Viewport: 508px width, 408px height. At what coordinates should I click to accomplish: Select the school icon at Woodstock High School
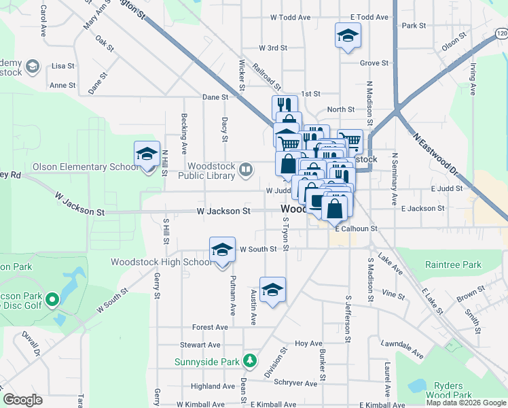click(x=222, y=251)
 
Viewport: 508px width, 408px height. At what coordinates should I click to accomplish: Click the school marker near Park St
click(x=348, y=36)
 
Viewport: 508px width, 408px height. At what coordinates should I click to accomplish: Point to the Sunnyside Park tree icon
click(x=251, y=359)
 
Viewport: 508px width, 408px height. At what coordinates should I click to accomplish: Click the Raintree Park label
click(x=452, y=265)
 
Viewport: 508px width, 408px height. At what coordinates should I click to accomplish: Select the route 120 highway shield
click(x=501, y=33)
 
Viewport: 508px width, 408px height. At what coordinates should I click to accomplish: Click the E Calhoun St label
click(x=356, y=229)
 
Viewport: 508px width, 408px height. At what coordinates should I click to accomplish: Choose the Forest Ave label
click(x=211, y=327)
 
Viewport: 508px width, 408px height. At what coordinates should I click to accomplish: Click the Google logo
click(x=23, y=400)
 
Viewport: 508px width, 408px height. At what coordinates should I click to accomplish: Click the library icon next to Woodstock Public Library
click(x=247, y=169)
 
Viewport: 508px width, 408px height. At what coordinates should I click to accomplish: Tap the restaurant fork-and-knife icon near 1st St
click(x=285, y=106)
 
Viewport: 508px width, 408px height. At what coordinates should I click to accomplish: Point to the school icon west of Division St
click(x=273, y=290)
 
